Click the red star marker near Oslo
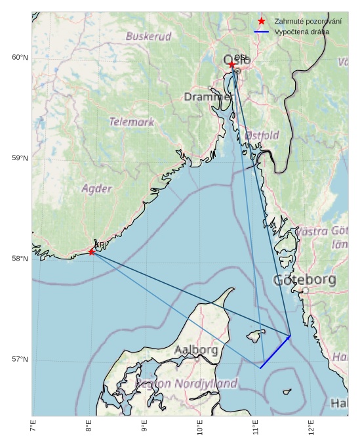point(232,64)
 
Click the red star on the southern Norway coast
point(91,251)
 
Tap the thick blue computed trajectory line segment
point(275,352)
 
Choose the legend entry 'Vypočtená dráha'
point(302,32)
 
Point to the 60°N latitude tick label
point(20,58)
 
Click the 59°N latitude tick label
point(20,158)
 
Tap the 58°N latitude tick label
point(20,259)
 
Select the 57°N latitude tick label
point(20,360)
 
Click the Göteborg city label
point(304,280)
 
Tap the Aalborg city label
point(197,351)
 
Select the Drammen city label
point(209,97)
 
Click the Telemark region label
point(132,121)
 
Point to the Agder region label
point(96,188)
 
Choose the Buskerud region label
point(149,37)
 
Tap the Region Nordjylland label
point(186,383)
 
